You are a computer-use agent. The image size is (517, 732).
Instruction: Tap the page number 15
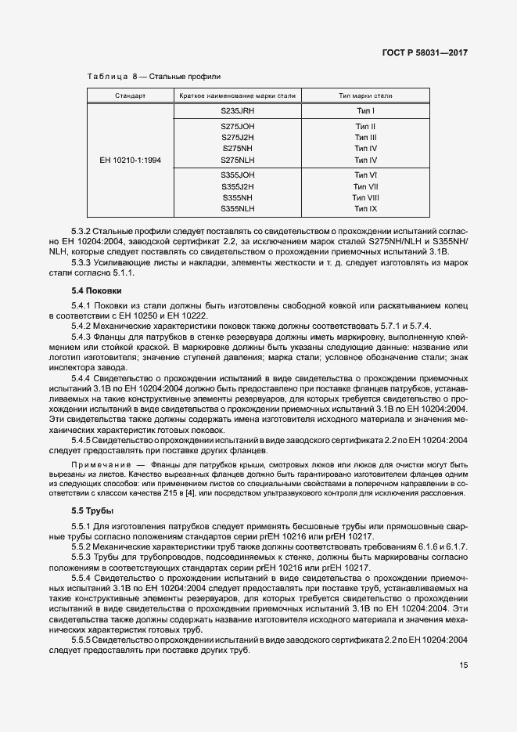point(465,665)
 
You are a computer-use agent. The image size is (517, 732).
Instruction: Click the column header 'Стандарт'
point(130,96)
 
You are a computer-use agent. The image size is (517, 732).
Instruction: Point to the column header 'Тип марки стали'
point(365,96)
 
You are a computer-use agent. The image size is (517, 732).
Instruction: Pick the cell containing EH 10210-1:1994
point(130,160)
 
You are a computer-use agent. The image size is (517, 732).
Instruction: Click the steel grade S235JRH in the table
point(238,111)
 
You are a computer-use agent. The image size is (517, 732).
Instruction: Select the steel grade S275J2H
point(238,137)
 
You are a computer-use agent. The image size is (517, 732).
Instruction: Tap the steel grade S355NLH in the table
point(238,209)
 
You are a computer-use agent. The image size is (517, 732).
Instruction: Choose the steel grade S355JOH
point(238,175)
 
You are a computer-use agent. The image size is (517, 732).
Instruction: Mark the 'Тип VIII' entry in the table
point(365,198)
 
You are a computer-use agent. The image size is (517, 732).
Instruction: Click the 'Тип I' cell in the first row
point(365,111)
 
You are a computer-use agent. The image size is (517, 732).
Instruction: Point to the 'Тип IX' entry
point(365,209)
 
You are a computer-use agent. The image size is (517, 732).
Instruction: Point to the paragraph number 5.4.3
point(81,336)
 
